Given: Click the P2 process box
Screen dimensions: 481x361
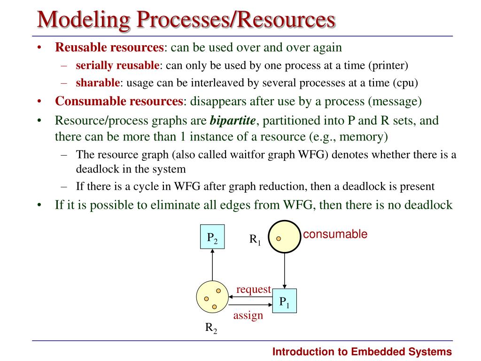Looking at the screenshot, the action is pos(212,237).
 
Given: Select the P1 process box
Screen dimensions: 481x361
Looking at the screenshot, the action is pos(284,301).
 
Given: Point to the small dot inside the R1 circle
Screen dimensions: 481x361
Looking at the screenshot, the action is pos(279,238).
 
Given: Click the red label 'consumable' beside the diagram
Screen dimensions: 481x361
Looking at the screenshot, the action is pos(335,234).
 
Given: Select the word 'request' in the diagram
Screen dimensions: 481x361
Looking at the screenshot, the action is pos(253,289).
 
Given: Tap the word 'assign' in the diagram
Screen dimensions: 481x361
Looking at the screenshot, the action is pos(248,315).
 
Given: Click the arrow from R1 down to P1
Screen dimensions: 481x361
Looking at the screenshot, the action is pos(284,271).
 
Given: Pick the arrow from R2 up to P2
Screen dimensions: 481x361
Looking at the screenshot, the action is pos(212,265).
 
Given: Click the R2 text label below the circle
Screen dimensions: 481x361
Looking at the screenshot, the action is pos(211,328).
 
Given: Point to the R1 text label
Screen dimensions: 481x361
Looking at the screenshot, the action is pos(255,239).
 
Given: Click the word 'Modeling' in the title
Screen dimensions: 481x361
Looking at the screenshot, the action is pos(84,20).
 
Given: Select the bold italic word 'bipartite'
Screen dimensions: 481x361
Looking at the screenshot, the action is pos(233,121).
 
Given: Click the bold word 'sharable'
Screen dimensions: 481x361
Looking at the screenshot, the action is pos(98,83).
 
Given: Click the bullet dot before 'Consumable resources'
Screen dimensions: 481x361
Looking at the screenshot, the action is pos(39,101).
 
